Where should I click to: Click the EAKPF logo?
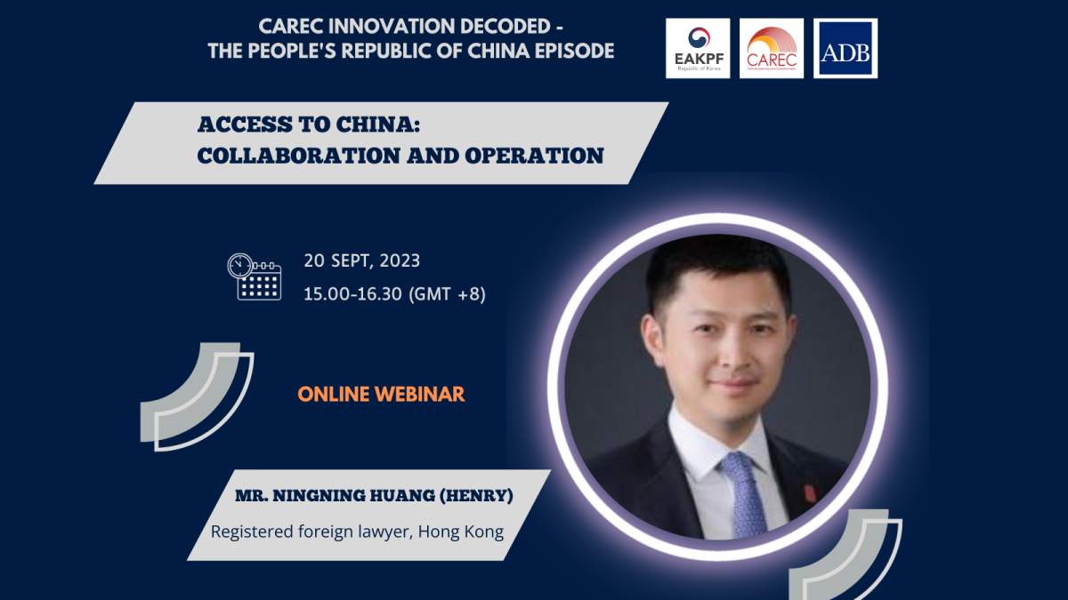pos(698,48)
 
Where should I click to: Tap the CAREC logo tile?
pos(772,48)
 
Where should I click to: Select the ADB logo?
pos(845,48)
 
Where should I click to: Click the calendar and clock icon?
pos(255,276)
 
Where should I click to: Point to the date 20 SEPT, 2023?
pos(362,261)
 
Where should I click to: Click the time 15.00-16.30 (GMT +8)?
pos(395,294)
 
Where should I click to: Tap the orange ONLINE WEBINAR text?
pos(381,395)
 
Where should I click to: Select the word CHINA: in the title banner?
pos(378,124)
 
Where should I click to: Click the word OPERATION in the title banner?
pos(535,156)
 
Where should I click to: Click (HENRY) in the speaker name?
pos(476,496)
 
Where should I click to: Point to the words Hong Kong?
pos(461,532)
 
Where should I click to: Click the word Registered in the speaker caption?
pos(252,532)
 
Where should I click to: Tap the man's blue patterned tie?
pos(744,495)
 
